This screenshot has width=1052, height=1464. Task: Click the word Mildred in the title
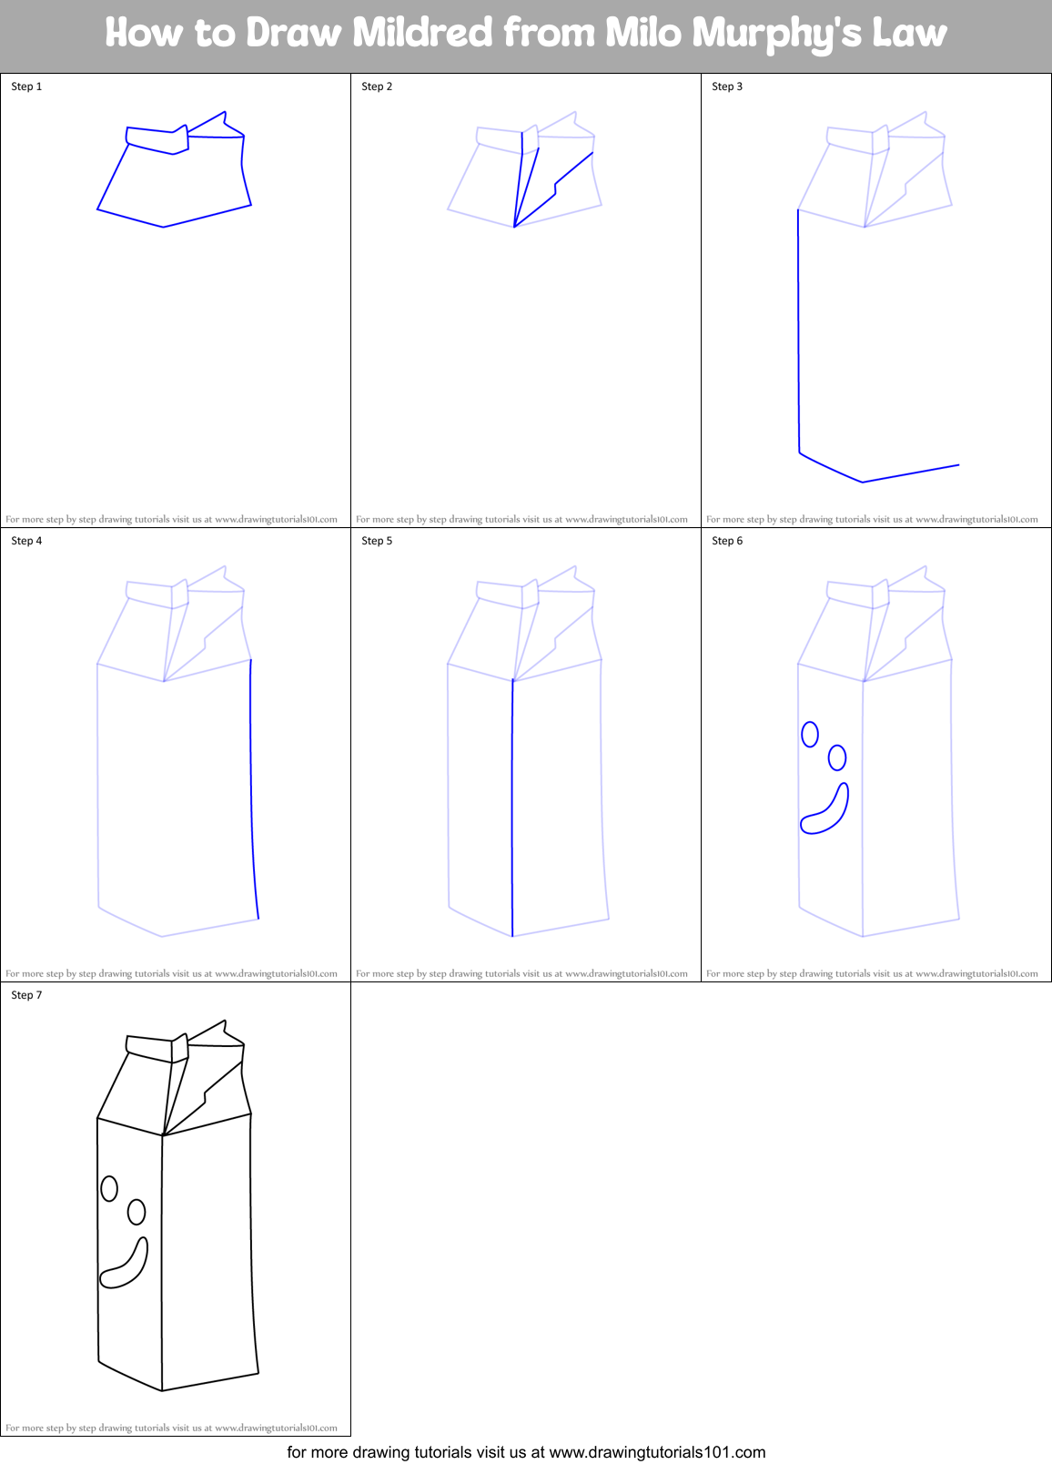click(421, 33)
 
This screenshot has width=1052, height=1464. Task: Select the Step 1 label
click(26, 86)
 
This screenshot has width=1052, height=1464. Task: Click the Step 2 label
click(377, 86)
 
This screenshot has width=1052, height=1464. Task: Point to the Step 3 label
click(727, 86)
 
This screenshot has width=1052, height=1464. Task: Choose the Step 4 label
click(26, 541)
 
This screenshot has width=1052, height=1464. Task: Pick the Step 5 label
click(377, 541)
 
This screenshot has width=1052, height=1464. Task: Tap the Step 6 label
click(727, 541)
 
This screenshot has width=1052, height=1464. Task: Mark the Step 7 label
click(26, 995)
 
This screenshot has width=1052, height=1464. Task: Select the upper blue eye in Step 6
click(810, 734)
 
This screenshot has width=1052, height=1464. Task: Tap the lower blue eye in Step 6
click(837, 757)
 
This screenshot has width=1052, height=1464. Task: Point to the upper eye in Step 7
click(109, 1188)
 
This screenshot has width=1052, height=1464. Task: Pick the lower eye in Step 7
click(137, 1212)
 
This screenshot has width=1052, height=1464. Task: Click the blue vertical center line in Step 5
click(512, 810)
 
